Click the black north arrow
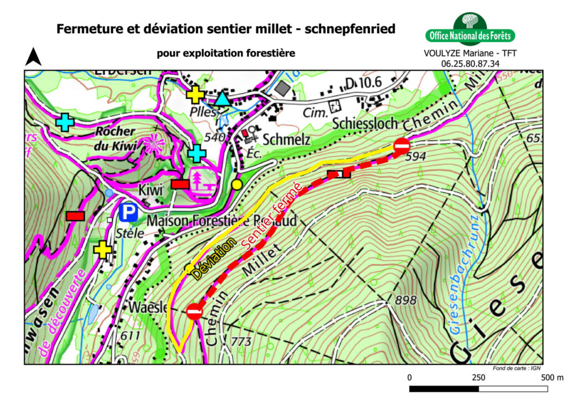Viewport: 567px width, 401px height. coord(34,57)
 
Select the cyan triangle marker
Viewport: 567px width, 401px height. coord(223,99)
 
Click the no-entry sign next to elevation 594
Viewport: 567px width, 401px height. coord(401,146)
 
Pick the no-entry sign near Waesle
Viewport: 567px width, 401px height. coord(194,311)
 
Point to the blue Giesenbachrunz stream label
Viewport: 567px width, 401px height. coord(464,275)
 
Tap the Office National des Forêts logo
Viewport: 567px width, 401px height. coord(471,30)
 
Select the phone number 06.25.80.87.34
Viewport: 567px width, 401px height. coord(470,64)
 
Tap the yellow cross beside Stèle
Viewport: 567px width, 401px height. coord(103,250)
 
